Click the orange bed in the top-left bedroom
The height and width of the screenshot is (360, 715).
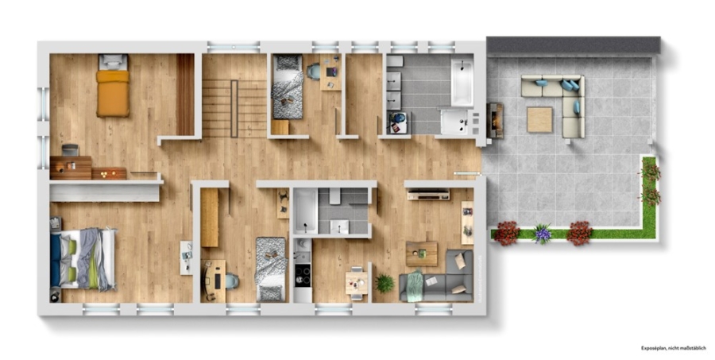click(113, 85)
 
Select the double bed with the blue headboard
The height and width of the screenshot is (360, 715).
click(83, 259)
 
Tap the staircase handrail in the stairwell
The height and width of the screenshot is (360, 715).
click(234, 109)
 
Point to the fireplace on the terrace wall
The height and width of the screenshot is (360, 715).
click(495, 121)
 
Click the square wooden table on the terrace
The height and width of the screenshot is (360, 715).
click(539, 119)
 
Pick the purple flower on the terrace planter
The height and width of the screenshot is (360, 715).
click(542, 234)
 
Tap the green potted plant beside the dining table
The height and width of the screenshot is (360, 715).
click(384, 283)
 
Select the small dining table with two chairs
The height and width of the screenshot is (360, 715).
click(357, 283)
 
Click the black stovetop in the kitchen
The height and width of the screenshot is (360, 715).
click(303, 275)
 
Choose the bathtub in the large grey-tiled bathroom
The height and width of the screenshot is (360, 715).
click(462, 82)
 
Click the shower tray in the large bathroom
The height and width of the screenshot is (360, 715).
click(454, 122)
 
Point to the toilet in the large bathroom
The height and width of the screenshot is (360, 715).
click(395, 61)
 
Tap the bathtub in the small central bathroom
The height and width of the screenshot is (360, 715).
click(305, 211)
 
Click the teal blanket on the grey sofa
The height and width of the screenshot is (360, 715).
click(415, 285)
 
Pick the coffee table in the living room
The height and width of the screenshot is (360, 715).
click(421, 254)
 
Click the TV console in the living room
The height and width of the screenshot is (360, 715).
click(428, 195)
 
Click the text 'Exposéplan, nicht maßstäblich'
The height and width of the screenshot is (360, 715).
click(674, 348)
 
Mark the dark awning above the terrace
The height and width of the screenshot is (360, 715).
click(574, 45)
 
